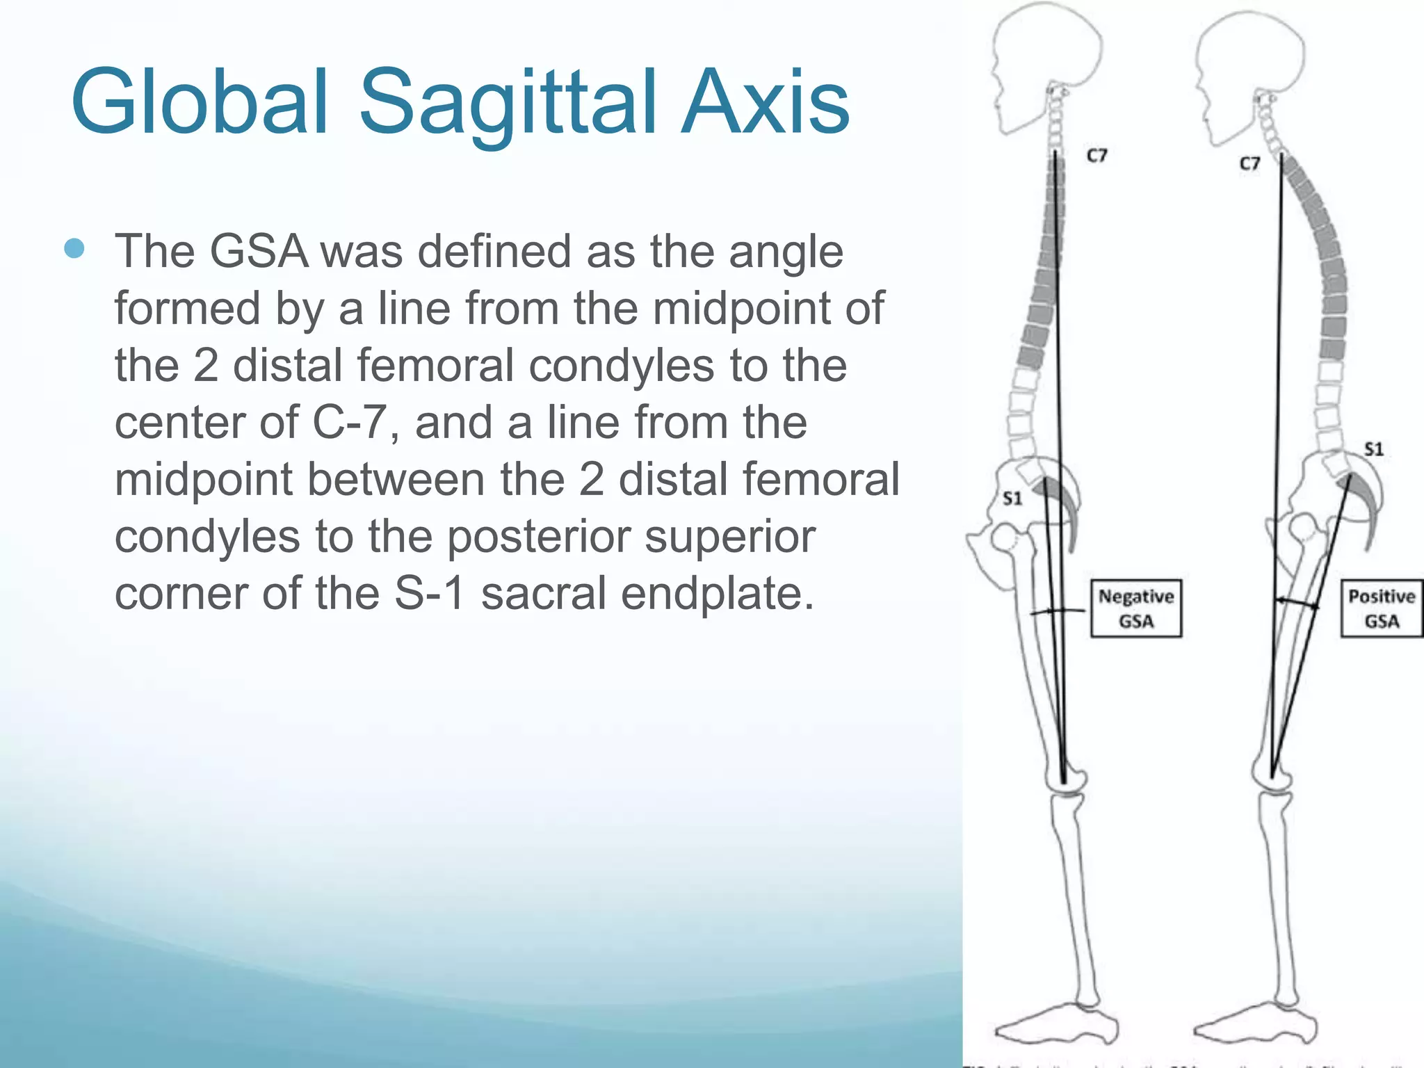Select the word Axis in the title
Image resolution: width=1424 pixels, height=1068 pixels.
click(x=765, y=102)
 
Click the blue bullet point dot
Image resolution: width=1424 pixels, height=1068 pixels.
click(x=74, y=248)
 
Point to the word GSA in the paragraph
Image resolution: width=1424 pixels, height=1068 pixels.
click(x=259, y=251)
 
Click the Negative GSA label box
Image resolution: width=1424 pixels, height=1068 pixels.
click(x=1135, y=608)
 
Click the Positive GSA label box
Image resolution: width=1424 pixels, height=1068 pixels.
click(x=1381, y=608)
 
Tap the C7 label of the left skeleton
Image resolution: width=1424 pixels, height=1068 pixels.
click(x=1097, y=156)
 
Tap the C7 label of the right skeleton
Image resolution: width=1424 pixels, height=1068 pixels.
click(x=1249, y=163)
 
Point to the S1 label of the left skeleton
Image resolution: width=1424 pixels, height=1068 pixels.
click(x=1012, y=498)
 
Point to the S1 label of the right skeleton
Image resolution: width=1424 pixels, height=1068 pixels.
click(x=1373, y=449)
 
